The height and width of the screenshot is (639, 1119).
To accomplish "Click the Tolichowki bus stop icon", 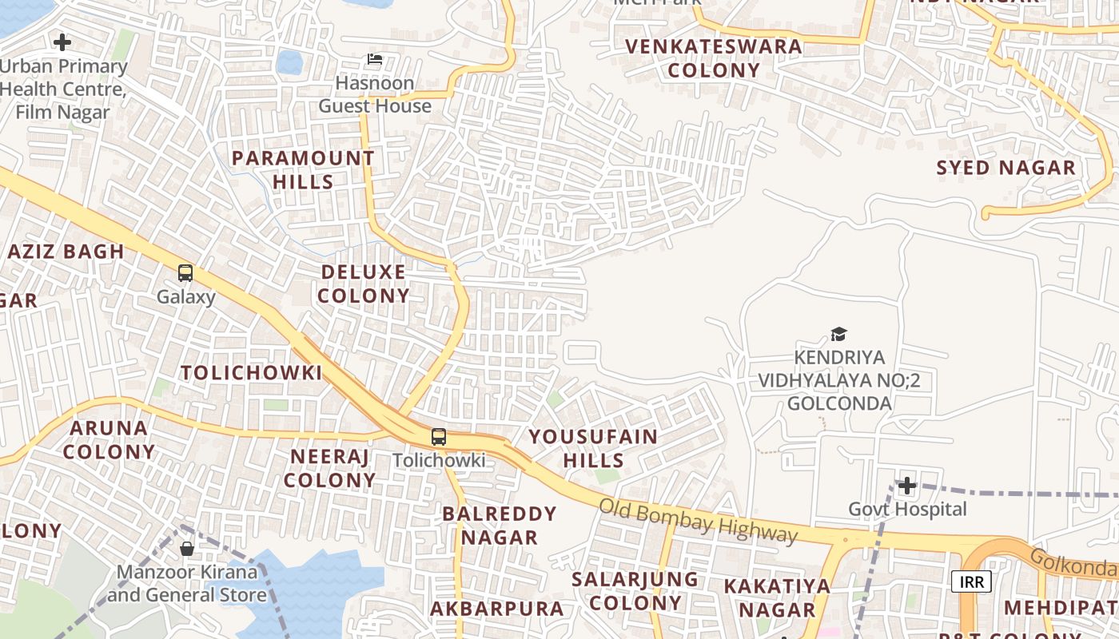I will [x=439, y=437].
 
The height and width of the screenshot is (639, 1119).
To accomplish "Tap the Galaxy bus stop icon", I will [x=185, y=273].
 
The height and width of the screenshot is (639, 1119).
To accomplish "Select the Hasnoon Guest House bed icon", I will [x=375, y=59].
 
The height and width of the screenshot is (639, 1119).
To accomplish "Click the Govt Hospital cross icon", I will [x=906, y=486].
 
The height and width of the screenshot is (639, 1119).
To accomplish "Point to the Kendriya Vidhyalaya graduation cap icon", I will [x=838, y=334].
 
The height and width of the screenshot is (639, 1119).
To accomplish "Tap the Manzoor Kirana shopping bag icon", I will [x=187, y=549].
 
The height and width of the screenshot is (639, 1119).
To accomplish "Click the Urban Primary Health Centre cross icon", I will [x=62, y=42].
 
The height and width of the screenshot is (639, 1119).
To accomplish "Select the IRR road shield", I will [x=971, y=581].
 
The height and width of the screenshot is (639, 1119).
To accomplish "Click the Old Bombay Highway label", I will [x=698, y=521].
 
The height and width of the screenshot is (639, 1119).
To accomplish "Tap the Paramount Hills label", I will [x=303, y=169].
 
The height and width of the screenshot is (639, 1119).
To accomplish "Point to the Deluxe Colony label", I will [x=364, y=284].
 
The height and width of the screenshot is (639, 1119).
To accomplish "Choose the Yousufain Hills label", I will [x=593, y=448].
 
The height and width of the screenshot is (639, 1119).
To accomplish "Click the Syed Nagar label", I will [x=1006, y=168].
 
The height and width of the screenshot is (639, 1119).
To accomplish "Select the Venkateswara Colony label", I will [x=714, y=58].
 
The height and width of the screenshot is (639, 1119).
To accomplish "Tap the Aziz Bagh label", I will [x=66, y=252].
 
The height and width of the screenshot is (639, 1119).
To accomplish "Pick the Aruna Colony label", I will [x=109, y=439].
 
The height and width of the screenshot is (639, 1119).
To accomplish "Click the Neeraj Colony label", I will [x=329, y=468].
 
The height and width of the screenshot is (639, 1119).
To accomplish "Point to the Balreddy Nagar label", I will [x=500, y=525].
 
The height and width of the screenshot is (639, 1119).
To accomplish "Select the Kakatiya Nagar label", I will [x=777, y=597].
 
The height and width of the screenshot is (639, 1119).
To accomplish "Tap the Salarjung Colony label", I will [x=635, y=590].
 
